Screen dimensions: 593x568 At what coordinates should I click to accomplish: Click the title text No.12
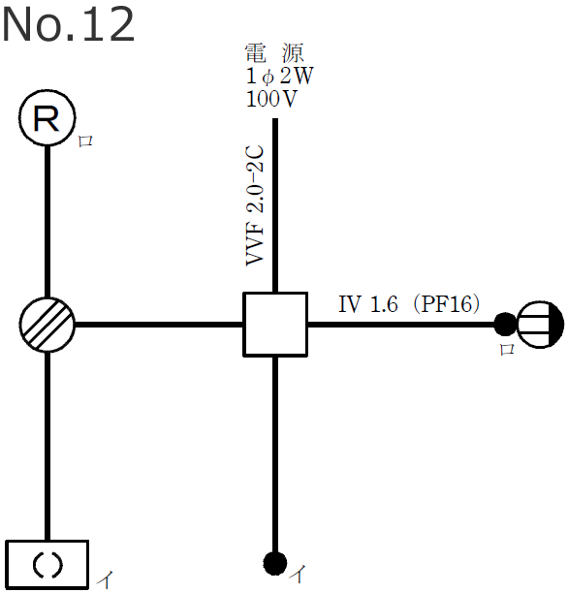point(68,25)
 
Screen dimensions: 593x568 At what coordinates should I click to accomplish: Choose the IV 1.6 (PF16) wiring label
point(409,304)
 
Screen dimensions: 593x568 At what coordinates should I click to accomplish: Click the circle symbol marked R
point(47,120)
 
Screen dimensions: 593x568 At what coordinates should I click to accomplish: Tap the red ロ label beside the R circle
point(85,141)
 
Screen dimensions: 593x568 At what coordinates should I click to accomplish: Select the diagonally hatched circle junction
point(47,324)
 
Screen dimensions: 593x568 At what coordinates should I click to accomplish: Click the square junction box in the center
point(275,324)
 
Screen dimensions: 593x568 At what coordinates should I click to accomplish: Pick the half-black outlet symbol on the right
point(540,324)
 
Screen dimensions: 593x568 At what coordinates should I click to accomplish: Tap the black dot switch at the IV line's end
point(504,324)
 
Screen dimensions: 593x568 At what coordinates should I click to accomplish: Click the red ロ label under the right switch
point(505,351)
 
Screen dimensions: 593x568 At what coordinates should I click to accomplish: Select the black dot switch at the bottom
point(275,562)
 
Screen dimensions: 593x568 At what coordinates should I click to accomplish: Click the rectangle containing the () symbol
point(47,564)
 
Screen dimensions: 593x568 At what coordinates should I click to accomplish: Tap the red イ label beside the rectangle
point(105,581)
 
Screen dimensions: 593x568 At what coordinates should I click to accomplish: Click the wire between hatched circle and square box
point(159,324)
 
